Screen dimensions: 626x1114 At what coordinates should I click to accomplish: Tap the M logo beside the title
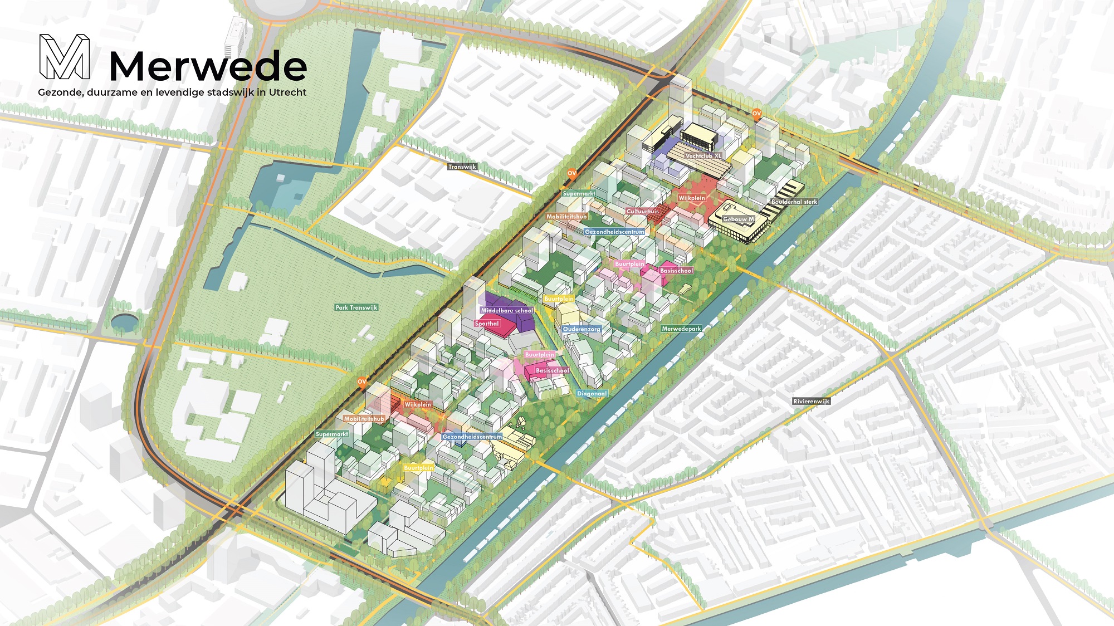click(x=65, y=57)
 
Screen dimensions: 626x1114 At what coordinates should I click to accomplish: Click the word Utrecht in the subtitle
click(x=287, y=92)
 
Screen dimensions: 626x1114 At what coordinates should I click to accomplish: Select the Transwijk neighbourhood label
click(x=462, y=167)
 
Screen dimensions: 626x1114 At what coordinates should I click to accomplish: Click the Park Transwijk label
click(x=356, y=307)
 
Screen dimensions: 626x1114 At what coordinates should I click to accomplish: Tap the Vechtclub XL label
click(x=703, y=156)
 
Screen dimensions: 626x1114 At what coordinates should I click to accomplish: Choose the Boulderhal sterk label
click(x=794, y=202)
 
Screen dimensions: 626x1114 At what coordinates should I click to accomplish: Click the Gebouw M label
click(x=738, y=219)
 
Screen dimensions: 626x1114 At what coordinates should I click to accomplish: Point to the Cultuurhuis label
click(x=642, y=211)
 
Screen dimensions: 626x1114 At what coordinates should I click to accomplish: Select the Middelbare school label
click(x=507, y=311)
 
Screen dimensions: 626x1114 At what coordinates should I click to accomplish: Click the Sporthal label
click(x=487, y=324)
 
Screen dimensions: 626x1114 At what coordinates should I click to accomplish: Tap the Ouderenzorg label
click(x=582, y=329)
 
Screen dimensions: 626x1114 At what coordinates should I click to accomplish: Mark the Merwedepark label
click(x=681, y=329)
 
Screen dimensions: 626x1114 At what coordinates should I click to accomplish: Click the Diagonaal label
click(x=592, y=393)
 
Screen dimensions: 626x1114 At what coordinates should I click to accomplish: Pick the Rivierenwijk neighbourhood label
click(x=811, y=401)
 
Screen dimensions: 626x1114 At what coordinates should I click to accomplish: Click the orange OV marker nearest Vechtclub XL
click(x=756, y=114)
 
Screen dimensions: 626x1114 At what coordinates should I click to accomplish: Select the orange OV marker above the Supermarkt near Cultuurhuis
click(x=571, y=173)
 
